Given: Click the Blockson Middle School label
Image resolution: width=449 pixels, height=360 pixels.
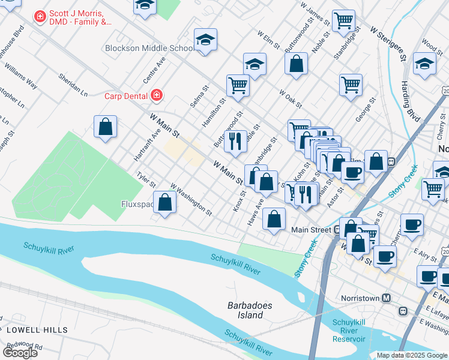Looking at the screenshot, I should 148,48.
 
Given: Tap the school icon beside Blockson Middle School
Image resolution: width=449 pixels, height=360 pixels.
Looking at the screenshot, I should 205,40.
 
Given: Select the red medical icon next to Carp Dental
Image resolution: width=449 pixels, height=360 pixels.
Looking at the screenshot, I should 157,95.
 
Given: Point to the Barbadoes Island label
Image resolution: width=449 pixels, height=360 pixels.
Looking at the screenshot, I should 250,310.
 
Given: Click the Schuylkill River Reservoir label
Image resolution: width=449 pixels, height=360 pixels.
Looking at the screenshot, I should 349,331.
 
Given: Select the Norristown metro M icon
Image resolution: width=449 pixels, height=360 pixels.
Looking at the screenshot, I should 387,298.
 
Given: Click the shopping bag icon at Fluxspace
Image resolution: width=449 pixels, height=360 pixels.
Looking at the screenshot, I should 165,202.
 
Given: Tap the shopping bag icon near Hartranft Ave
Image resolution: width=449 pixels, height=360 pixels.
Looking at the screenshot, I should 105,127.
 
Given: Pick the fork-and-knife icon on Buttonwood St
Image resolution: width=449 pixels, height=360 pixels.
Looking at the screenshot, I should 235,141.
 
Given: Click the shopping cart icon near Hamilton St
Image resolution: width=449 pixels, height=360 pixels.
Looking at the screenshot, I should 238,85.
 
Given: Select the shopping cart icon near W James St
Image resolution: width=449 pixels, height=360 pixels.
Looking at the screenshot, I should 343,20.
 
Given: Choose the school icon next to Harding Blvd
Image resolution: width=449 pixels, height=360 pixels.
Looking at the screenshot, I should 424,64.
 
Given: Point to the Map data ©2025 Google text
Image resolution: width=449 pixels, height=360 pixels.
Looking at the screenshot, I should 411,355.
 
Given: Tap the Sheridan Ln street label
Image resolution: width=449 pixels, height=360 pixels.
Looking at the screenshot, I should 73,85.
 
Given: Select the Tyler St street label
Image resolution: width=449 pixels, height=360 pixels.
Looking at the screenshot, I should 146,179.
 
